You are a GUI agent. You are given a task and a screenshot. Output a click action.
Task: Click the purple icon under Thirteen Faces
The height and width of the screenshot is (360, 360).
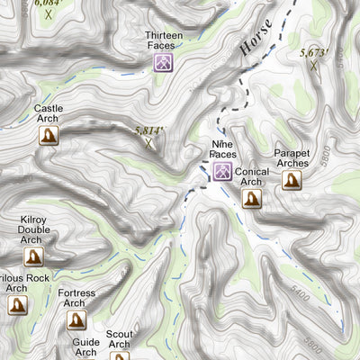[x=163, y=63]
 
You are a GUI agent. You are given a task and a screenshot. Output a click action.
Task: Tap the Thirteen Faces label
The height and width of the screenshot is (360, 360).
[x=164, y=40]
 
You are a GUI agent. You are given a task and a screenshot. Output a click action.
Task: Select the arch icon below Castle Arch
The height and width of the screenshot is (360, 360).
[x=49, y=135]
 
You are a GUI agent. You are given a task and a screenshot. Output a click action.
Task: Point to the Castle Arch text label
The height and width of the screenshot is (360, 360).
[x=49, y=113]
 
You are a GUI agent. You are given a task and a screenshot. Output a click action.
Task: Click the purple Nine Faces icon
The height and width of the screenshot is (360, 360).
[x=222, y=171]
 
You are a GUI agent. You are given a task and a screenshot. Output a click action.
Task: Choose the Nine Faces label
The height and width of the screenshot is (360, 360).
[x=222, y=149]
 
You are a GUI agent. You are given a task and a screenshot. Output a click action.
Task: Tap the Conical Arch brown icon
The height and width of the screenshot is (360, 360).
[x=252, y=198]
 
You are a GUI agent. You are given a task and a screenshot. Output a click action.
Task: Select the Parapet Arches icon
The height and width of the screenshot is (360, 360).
[x=292, y=180]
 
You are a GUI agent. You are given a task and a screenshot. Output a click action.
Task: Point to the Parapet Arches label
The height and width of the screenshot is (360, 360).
[x=292, y=158]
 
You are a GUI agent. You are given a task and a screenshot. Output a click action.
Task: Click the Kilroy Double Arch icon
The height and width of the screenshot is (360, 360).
[x=34, y=256]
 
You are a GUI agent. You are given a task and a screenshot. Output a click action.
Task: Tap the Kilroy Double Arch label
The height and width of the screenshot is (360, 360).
[x=34, y=229]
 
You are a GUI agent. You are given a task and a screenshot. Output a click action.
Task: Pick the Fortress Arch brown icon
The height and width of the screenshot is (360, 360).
[x=76, y=319]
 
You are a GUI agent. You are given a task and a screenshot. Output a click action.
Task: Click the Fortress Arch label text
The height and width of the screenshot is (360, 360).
[x=76, y=298]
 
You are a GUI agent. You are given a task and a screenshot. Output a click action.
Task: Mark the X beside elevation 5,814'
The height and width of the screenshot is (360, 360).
[x=149, y=142]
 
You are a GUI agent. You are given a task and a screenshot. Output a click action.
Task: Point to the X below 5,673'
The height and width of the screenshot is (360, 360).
[x=314, y=65]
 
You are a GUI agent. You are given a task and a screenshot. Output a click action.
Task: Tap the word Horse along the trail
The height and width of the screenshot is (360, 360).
[x=256, y=40]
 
